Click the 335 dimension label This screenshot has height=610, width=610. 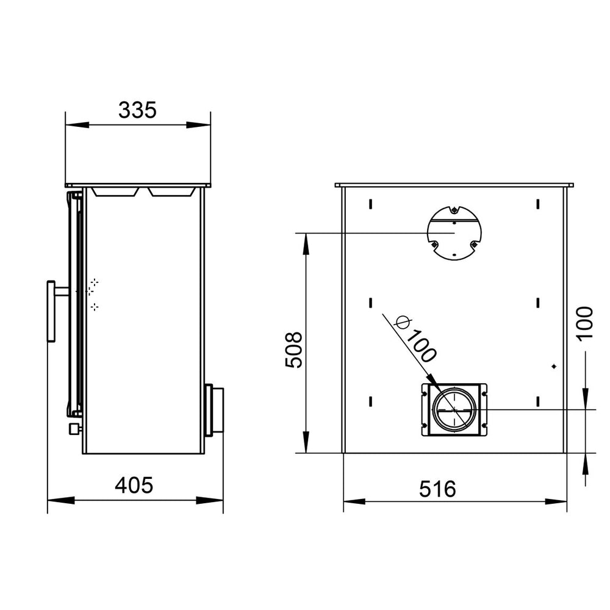(137, 110)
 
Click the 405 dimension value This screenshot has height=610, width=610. (134, 486)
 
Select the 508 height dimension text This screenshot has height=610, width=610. (295, 350)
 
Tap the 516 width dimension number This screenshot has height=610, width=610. (437, 489)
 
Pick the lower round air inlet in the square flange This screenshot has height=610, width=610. (454, 410)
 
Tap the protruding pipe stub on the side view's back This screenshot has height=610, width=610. (215, 410)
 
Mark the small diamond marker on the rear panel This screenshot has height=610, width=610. (554, 366)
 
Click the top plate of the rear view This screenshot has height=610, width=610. (454, 184)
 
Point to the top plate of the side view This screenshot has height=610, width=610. (138, 184)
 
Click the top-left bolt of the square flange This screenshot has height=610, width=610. (425, 393)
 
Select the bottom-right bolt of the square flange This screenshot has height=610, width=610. (484, 425)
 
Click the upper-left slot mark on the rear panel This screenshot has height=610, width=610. (370, 203)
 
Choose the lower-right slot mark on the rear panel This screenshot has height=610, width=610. (537, 400)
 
